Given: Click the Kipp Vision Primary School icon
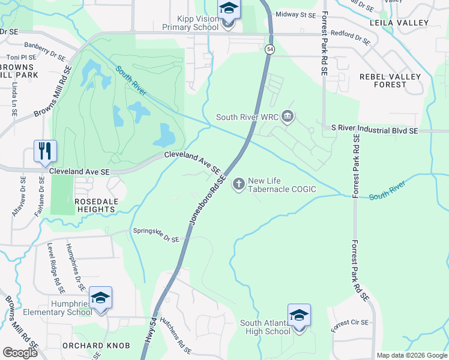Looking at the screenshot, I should [x=228, y=10].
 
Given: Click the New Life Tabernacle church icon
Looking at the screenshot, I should [x=239, y=184].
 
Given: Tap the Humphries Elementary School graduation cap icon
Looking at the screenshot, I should [x=100, y=298].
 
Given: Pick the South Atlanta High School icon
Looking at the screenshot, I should [x=298, y=315].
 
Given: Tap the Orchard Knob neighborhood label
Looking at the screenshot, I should [x=89, y=346].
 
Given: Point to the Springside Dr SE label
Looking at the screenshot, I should [x=155, y=235].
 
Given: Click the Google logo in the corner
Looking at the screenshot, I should [x=20, y=352].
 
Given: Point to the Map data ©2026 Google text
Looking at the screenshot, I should [x=412, y=355].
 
